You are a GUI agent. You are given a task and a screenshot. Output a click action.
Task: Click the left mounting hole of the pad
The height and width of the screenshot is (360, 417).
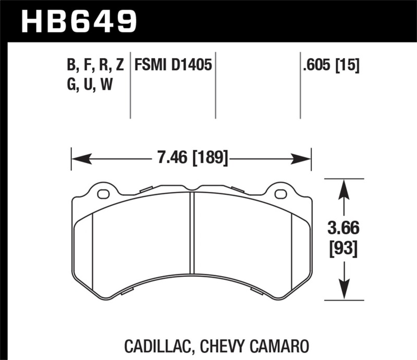103,195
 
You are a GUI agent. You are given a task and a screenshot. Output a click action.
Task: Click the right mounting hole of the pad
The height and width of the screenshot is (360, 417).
280,195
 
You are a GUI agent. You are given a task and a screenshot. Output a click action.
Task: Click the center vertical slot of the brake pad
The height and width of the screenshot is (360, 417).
192,232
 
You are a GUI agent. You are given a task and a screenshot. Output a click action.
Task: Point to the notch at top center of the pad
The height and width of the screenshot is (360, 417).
192,188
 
